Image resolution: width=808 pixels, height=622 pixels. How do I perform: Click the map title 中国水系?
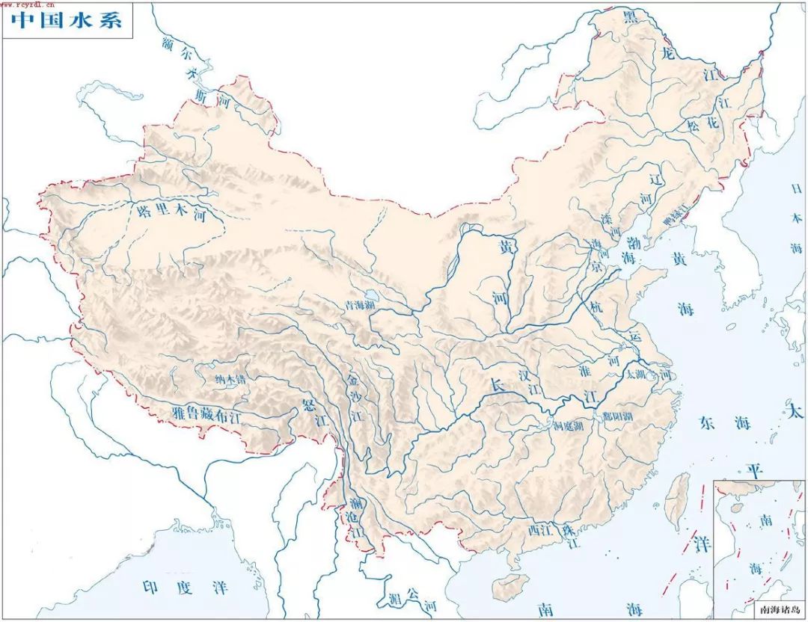pyautogui.click(x=67, y=21)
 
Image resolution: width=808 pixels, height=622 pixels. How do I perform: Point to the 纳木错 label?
pyautogui.click(x=230, y=380)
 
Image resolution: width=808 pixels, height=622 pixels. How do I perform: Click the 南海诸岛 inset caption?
pyautogui.click(x=759, y=609)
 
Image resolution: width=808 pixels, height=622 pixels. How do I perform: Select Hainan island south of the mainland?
pyautogui.click(x=511, y=586)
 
